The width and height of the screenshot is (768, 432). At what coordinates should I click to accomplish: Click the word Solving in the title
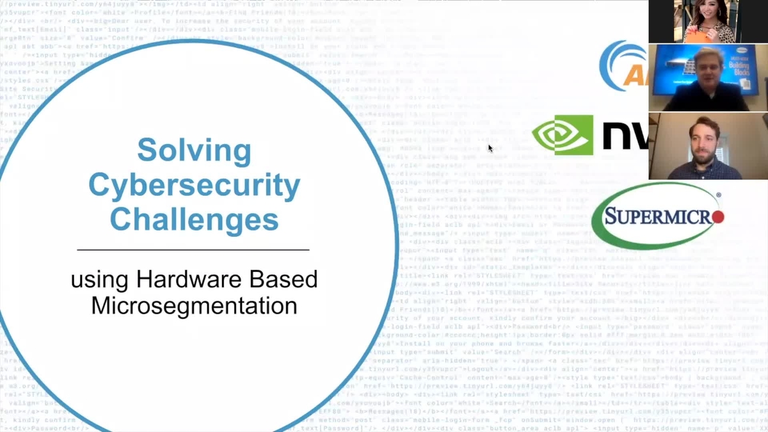click(x=194, y=151)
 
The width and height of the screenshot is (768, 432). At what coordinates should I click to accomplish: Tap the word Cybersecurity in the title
click(x=194, y=186)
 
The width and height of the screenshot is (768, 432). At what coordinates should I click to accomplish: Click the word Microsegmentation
click(x=194, y=305)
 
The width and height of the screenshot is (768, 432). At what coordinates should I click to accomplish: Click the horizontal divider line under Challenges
click(x=193, y=249)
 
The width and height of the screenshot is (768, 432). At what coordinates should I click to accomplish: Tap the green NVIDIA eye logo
click(x=563, y=135)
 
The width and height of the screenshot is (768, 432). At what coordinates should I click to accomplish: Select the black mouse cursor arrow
click(x=490, y=148)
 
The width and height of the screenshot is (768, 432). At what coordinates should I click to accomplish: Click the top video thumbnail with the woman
click(x=708, y=21)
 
